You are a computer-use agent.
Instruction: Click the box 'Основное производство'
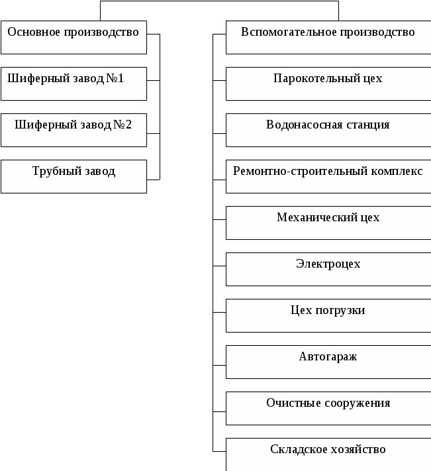click(x=73, y=37)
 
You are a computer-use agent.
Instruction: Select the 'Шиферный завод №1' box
click(x=73, y=83)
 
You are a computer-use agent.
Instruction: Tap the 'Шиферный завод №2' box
click(x=73, y=130)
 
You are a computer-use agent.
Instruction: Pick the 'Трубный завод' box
click(x=73, y=176)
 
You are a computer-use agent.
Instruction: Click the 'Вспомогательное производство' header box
click(x=328, y=37)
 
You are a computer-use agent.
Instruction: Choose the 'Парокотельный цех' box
click(x=328, y=83)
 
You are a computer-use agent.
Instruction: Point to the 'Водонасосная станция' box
click(x=328, y=130)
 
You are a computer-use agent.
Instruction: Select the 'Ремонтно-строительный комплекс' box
click(x=328, y=176)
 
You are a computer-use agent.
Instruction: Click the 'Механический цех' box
click(x=328, y=223)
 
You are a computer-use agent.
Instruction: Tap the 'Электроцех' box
click(x=328, y=269)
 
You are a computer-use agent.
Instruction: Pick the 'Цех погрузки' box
click(x=328, y=315)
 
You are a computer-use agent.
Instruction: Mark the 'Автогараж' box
click(x=328, y=362)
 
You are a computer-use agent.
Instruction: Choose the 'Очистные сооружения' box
click(x=328, y=408)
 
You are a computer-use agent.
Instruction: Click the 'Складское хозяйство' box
click(x=328, y=454)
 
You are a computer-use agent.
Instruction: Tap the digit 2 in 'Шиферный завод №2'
click(x=128, y=125)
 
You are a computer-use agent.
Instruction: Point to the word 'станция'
click(x=368, y=125)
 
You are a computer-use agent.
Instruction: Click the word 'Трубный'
click(x=53, y=172)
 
